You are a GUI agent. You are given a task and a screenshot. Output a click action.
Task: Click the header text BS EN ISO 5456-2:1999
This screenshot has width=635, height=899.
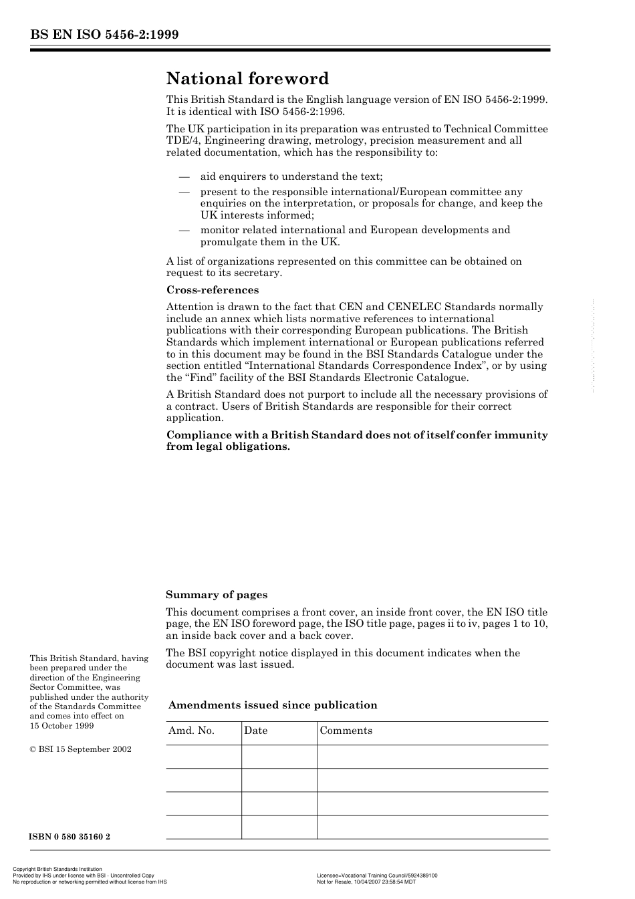104,35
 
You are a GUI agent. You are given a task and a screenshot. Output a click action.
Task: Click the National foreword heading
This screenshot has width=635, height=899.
247,79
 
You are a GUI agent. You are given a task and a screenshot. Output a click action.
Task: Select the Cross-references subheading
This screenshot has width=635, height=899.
212,290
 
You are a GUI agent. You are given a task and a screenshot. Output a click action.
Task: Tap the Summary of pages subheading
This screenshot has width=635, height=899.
216,595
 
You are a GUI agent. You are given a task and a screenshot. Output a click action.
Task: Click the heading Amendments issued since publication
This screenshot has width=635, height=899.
273,705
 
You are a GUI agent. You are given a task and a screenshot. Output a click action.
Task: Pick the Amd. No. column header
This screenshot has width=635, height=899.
191,731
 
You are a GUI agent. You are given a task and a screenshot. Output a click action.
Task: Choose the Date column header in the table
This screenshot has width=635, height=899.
255,731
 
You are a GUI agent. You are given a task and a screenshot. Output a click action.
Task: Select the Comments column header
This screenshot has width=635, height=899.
346,731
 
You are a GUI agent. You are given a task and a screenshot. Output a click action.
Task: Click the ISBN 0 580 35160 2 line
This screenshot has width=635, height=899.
70,837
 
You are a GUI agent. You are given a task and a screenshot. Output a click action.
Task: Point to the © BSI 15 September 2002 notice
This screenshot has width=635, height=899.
80,749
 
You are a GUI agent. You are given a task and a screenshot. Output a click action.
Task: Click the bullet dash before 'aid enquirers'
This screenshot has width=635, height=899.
184,177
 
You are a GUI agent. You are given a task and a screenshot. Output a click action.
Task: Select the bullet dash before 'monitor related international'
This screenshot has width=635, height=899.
184,231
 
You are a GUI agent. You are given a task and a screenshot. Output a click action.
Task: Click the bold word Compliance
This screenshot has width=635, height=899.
199,435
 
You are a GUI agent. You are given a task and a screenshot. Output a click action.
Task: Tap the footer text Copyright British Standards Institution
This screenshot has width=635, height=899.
57,870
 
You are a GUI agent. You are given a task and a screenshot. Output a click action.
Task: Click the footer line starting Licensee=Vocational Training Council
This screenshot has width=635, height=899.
377,876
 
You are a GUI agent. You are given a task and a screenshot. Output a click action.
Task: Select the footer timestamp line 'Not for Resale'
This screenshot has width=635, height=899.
366,882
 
